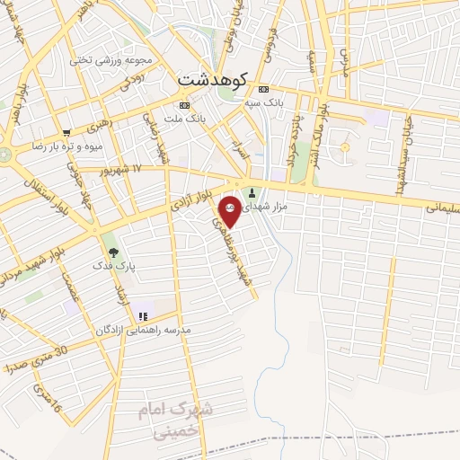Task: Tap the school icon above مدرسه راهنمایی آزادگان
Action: click(x=143, y=316)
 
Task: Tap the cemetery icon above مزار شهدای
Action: click(x=252, y=191)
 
